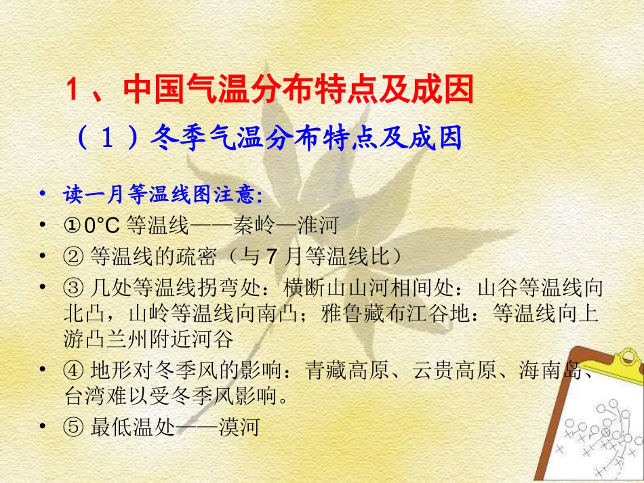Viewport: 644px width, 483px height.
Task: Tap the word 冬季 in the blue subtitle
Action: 179,138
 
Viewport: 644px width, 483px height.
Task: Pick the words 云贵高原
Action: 453,370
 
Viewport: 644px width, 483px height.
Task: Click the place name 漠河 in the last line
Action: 241,427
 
